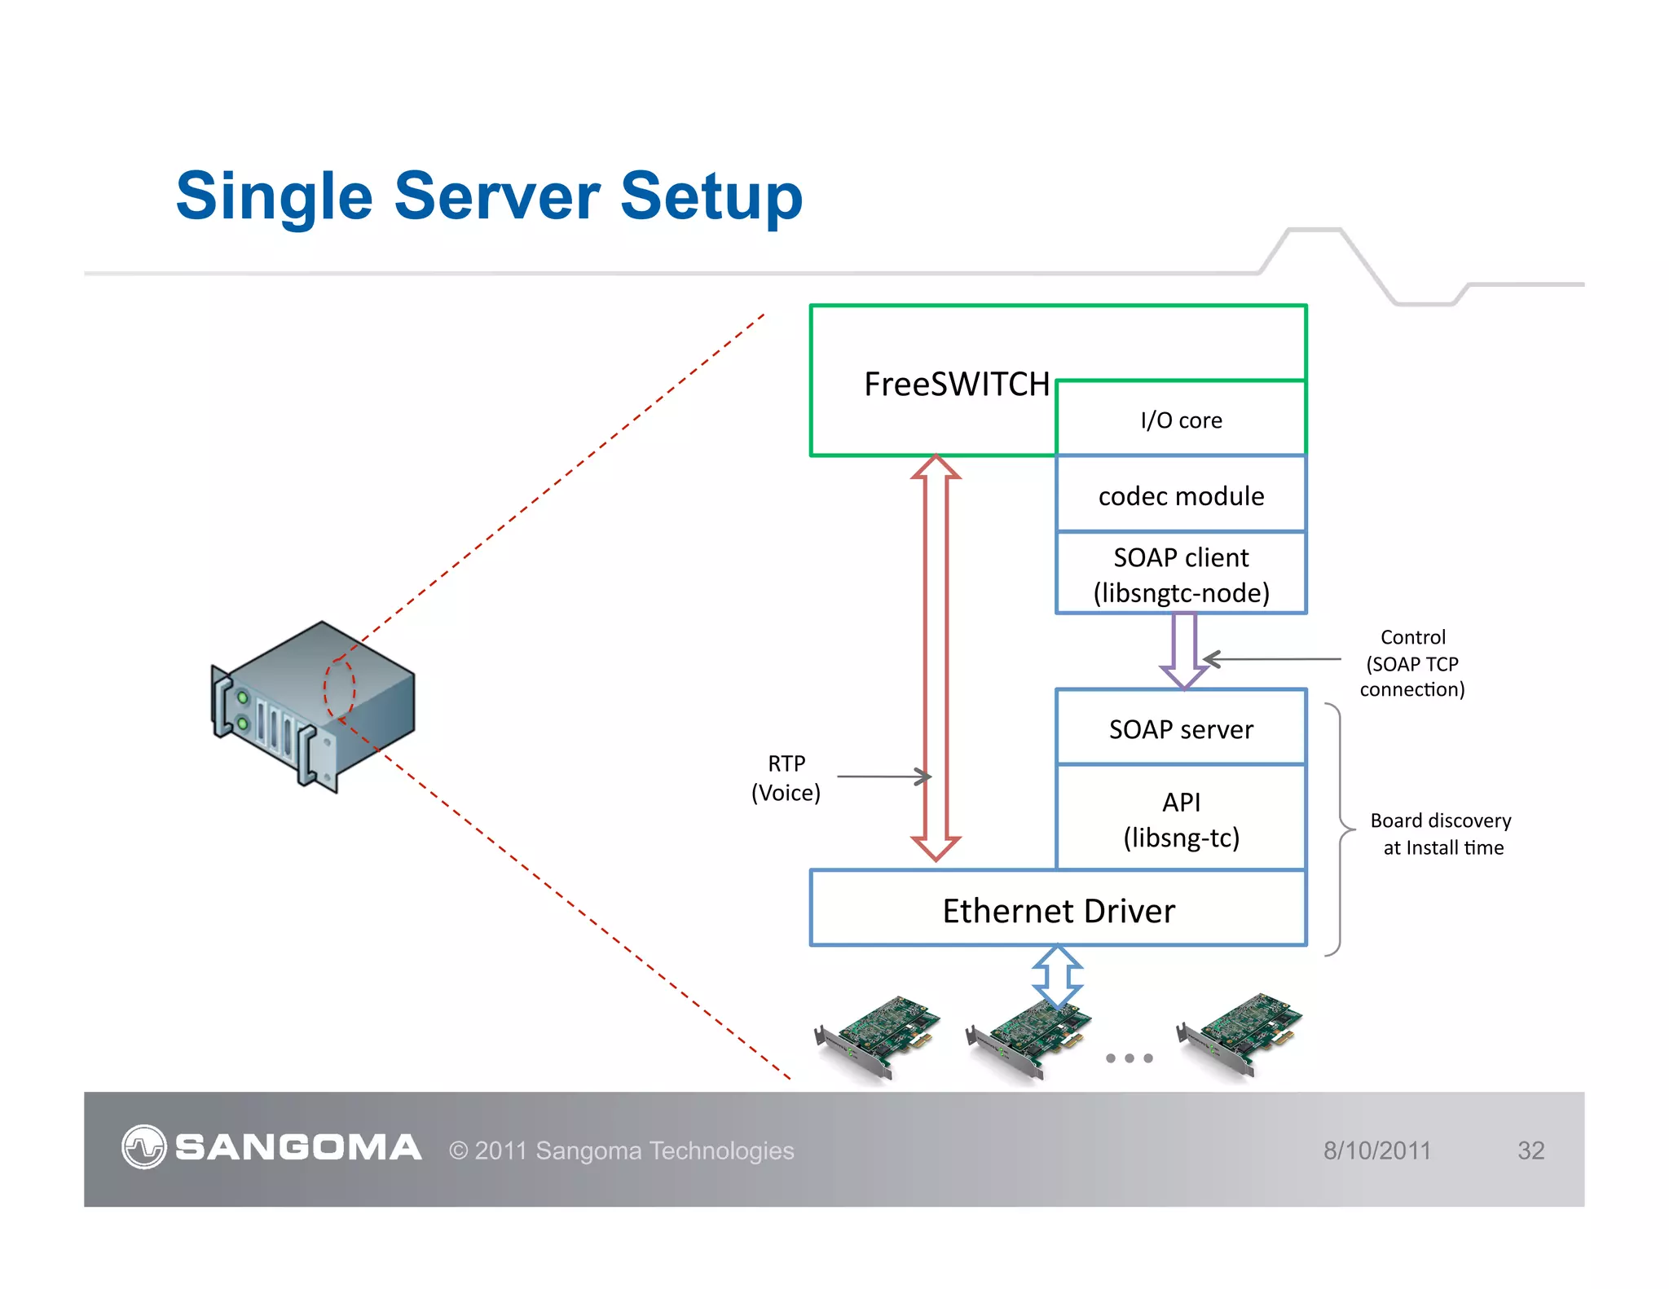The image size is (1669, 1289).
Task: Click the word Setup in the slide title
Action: tap(711, 197)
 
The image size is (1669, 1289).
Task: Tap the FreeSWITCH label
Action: tap(956, 385)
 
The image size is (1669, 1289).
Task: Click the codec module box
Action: tap(1181, 495)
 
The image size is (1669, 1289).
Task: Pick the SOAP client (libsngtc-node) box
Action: tap(1181, 574)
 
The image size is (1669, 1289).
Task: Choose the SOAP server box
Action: tap(1181, 728)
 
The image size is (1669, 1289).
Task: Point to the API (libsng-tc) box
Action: tap(1181, 819)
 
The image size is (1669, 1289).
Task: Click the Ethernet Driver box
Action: tap(1058, 910)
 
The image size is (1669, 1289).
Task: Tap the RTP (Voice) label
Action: tap(786, 778)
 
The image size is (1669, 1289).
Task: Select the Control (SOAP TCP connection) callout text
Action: tap(1412, 663)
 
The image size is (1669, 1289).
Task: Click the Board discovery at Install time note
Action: tap(1441, 834)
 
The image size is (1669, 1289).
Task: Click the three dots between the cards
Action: tap(1129, 1058)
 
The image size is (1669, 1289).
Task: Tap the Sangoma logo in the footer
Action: tap(271, 1147)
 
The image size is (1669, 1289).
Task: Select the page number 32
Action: tap(1530, 1150)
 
